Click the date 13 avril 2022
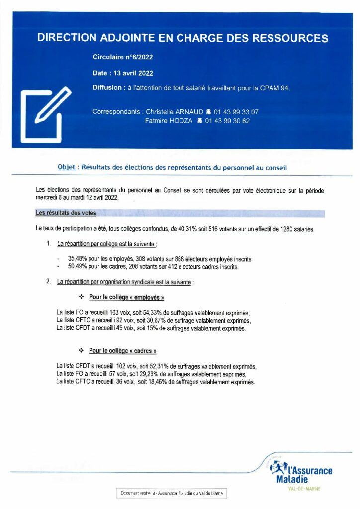click(133, 73)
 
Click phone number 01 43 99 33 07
click(236, 112)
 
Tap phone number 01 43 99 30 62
click(227, 121)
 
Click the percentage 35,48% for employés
click(77, 259)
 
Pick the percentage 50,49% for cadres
click(77, 267)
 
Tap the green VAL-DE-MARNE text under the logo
click(304, 489)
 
